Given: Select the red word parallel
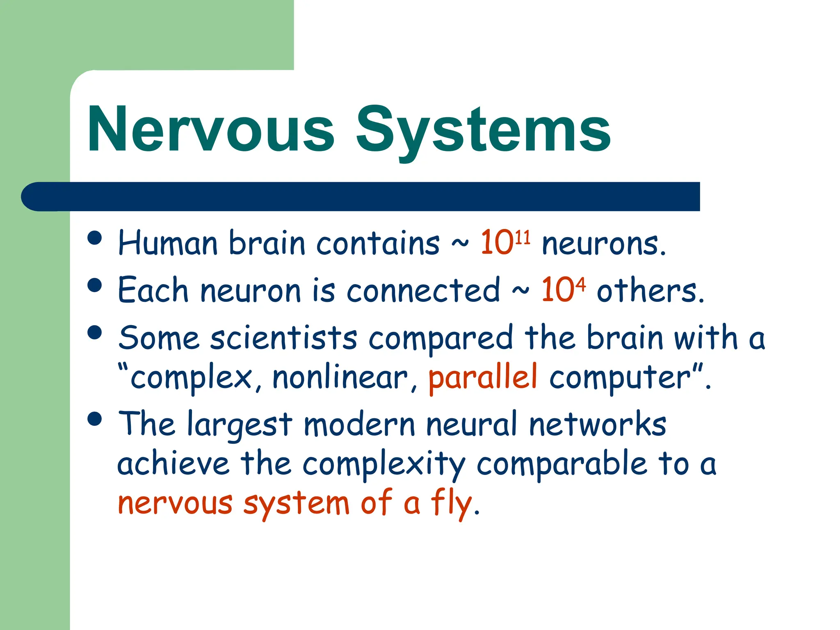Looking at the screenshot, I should (x=482, y=377).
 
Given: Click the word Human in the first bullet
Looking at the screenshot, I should (x=167, y=244).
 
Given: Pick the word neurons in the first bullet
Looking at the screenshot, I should (x=603, y=244).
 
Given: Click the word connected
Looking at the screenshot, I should (x=423, y=290).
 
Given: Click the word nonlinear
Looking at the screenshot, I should (x=340, y=377).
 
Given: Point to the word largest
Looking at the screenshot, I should (x=240, y=425).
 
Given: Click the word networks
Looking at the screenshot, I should (x=597, y=424).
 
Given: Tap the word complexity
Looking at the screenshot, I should (x=384, y=465).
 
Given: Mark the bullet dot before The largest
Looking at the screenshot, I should (x=95, y=419).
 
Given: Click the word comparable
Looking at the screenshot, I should (x=562, y=464).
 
